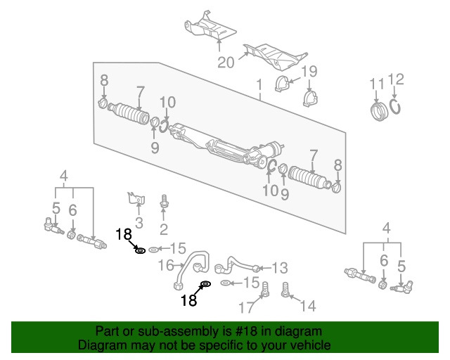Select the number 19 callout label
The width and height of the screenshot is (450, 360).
tap(309, 71)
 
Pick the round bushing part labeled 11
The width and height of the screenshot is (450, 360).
tap(379, 111)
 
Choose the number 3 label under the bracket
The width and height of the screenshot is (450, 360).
tap(139, 224)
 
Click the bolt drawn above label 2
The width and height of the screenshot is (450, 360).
tap(164, 201)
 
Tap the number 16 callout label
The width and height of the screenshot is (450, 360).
tap(167, 265)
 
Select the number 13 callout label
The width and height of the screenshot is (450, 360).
tap(280, 268)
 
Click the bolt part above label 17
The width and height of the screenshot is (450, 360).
tap(266, 288)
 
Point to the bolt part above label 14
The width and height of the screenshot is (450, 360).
tap(287, 288)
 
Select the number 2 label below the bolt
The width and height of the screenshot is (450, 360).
tap(163, 229)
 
